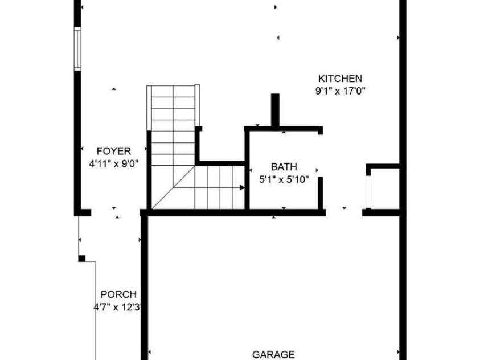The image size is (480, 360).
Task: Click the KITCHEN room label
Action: pos(340,79)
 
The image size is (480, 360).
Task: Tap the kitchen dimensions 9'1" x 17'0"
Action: pos(340,91)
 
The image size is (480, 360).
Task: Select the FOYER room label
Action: pos(113,151)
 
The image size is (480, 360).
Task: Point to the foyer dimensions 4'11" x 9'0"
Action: pos(113,164)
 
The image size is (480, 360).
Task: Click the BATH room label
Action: pos(284,167)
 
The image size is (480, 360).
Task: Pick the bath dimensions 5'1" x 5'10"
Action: pos(284,179)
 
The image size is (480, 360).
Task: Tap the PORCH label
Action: pos(118,294)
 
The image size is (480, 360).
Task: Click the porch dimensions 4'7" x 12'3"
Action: pos(117,307)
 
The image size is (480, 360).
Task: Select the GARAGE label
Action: pos(273,355)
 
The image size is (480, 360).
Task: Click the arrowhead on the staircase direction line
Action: pos(242,187)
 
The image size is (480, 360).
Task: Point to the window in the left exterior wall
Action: pos(77,50)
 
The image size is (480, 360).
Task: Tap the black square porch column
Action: pos(82,259)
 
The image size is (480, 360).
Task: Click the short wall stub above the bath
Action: pos(275,110)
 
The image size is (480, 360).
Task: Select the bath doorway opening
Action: pos(320,156)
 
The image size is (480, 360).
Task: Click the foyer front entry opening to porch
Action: pos(116,213)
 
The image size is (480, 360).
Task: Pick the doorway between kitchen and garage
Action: pos(344,213)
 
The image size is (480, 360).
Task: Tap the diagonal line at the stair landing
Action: pos(173,187)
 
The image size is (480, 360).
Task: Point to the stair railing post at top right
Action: pos(197,105)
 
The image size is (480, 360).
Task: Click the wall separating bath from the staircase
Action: pos(247,168)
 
